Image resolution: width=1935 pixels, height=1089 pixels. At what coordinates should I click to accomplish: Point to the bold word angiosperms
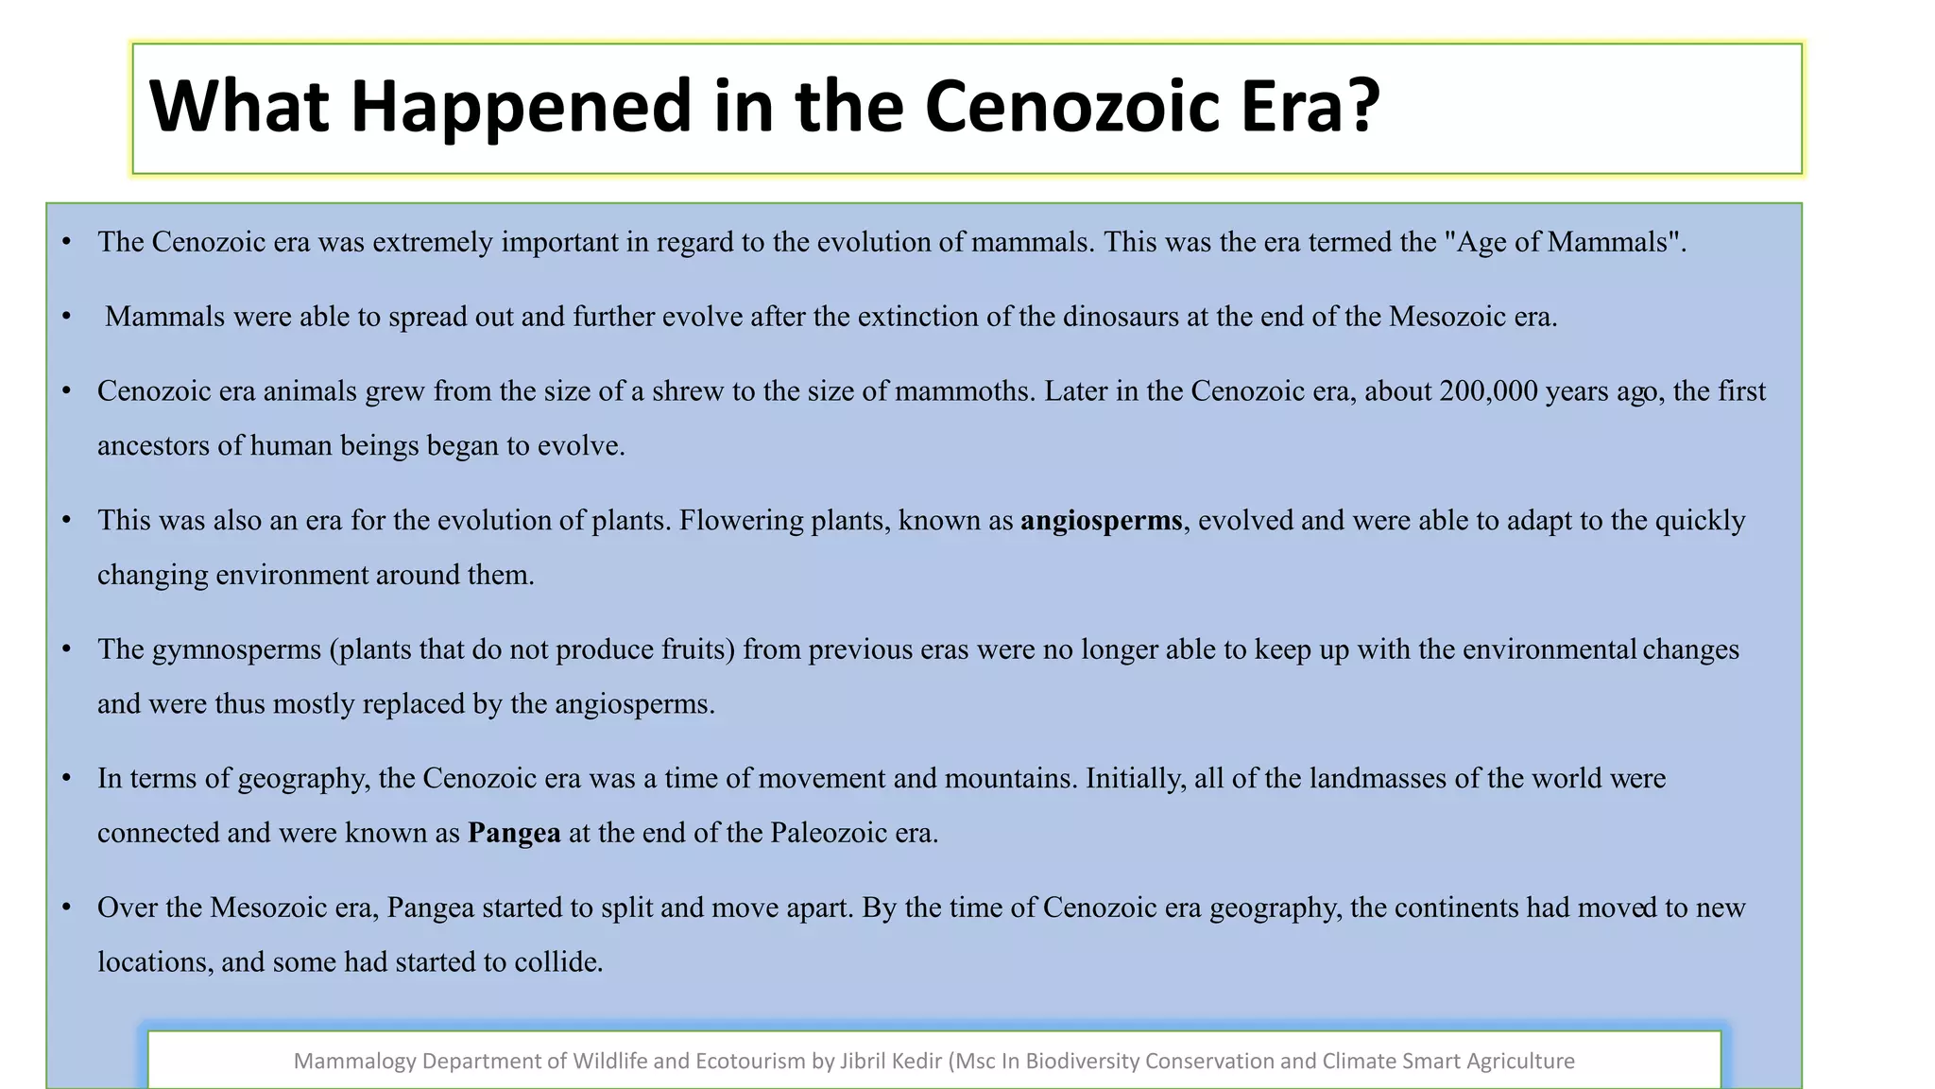pos(1101,521)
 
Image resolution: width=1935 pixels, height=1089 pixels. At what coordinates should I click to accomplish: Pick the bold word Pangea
pos(514,833)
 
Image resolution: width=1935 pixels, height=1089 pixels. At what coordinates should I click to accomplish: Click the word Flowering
pos(741,521)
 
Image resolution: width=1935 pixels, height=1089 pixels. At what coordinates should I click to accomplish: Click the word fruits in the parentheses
pos(692,650)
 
